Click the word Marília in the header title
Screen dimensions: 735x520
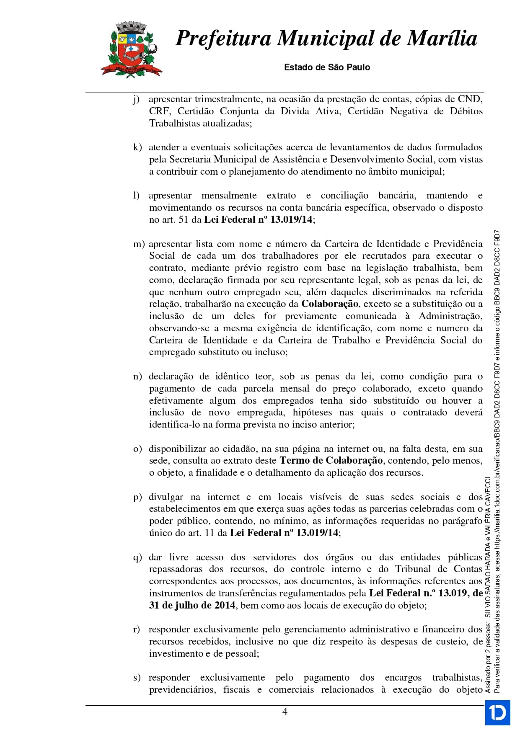pyautogui.click(x=442, y=39)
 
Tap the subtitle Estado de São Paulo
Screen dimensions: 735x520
pyautogui.click(x=327, y=67)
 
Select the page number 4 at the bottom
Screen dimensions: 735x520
pyautogui.click(x=285, y=712)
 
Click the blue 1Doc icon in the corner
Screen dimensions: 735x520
pyautogui.click(x=497, y=712)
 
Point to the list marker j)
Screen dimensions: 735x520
pyautogui.click(x=136, y=100)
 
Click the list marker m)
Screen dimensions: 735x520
pyautogui.click(x=139, y=244)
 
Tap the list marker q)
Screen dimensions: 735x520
pyautogui.click(x=137, y=557)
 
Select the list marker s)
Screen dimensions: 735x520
pyautogui.click(x=137, y=678)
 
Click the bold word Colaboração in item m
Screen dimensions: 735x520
pyautogui.click(x=330, y=304)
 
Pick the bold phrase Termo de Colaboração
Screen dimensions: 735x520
pyautogui.click(x=331, y=461)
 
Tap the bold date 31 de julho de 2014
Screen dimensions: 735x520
pyautogui.click(x=192, y=606)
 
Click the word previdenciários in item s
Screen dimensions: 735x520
pyautogui.click(x=182, y=690)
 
